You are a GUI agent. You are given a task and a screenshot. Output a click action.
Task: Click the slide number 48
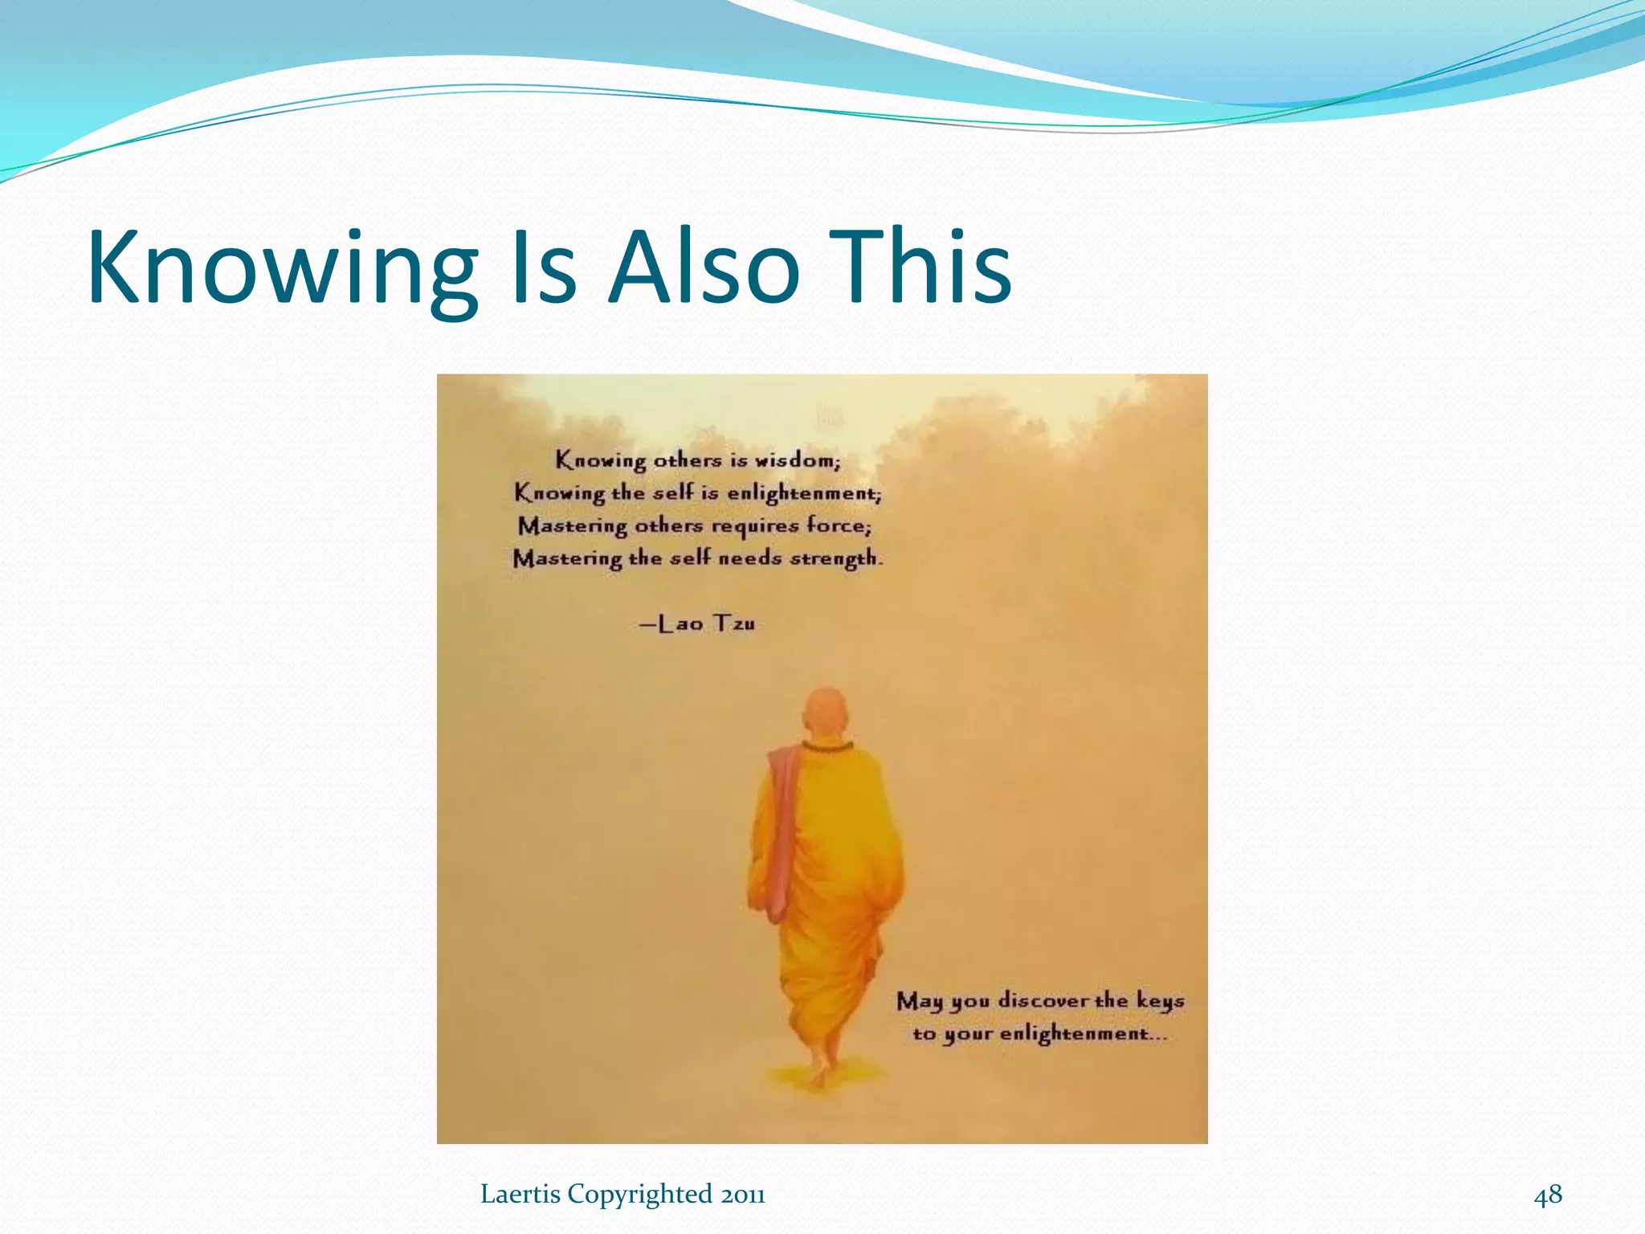(1548, 1195)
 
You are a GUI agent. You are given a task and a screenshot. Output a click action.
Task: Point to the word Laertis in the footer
(520, 1195)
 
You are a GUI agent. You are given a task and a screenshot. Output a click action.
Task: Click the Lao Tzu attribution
(698, 623)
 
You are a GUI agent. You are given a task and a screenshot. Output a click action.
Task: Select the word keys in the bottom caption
(1160, 1001)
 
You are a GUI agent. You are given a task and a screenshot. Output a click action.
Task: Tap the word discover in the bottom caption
(1043, 1001)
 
